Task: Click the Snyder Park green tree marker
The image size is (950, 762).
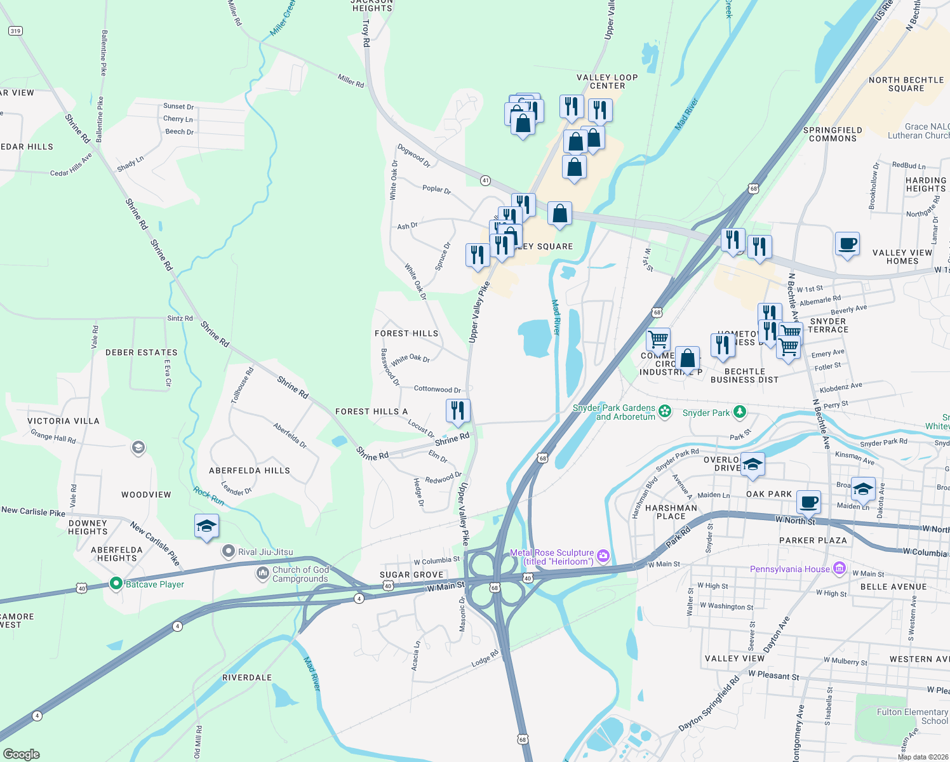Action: click(739, 412)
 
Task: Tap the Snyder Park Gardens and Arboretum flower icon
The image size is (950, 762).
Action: click(665, 411)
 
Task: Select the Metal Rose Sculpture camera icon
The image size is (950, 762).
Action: click(603, 556)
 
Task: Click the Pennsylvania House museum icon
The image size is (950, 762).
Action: click(840, 568)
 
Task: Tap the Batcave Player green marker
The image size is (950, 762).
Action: click(116, 583)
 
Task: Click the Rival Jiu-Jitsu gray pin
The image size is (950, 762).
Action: click(229, 551)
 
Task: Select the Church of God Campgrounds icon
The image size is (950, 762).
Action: click(262, 573)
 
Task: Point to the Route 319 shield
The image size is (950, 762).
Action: click(15, 30)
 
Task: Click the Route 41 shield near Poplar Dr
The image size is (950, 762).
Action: click(485, 180)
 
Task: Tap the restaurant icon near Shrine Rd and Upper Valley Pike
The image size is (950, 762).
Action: click(458, 410)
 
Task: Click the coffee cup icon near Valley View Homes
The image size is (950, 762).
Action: click(847, 244)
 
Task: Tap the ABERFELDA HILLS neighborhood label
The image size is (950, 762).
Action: click(250, 471)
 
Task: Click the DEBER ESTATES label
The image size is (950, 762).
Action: click(142, 352)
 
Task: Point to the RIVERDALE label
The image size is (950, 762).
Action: click(247, 678)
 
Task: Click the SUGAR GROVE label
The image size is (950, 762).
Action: click(411, 575)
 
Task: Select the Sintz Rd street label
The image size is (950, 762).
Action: click(180, 318)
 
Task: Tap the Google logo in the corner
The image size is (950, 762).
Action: click(22, 754)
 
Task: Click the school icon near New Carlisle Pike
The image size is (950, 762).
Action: click(207, 526)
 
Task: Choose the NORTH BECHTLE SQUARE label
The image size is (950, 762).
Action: click(906, 84)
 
